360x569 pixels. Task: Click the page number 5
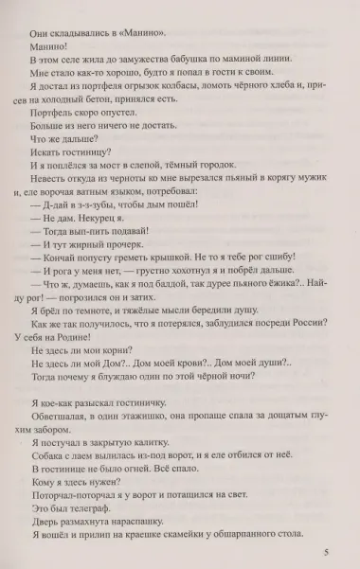[x=324, y=551]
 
